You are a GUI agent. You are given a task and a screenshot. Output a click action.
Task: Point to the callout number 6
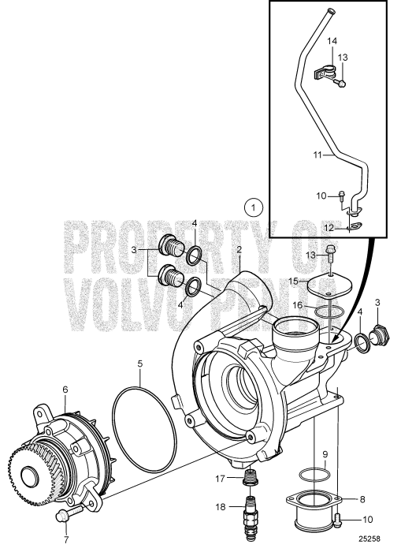click(x=65, y=390)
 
